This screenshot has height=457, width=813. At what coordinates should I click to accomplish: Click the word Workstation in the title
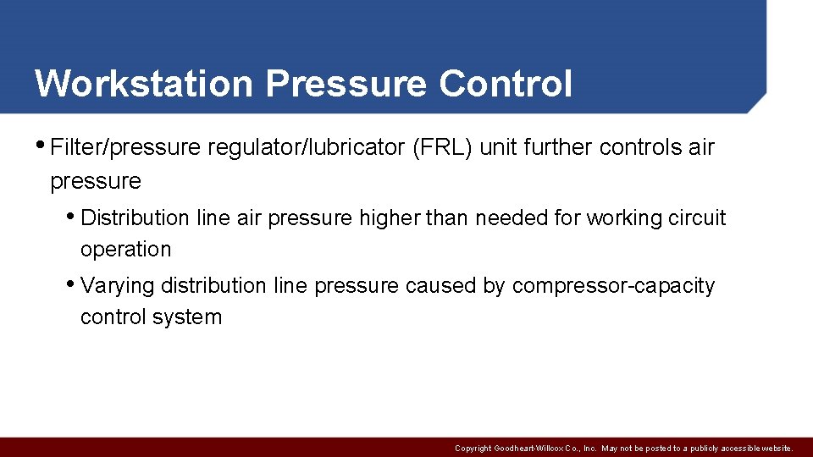pyautogui.click(x=143, y=84)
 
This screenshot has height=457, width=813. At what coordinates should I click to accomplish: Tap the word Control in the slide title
pyautogui.click(x=506, y=84)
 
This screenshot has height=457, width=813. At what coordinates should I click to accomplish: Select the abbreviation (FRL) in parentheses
pyautogui.click(x=441, y=147)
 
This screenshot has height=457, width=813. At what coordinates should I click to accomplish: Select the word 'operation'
pyautogui.click(x=125, y=250)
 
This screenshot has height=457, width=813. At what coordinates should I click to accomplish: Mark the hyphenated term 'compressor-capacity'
pyautogui.click(x=613, y=286)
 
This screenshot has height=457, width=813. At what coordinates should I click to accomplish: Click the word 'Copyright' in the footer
pyautogui.click(x=473, y=449)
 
